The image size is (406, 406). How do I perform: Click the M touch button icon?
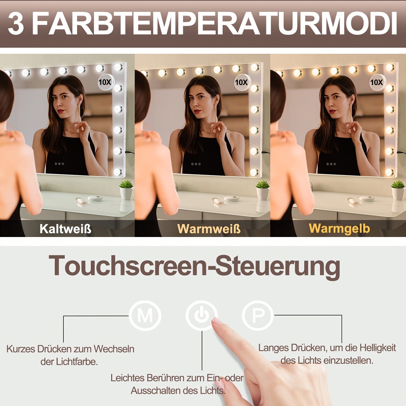coord(145,315)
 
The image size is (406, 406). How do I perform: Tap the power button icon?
coord(201,315)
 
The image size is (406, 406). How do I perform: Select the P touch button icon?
coord(258,315)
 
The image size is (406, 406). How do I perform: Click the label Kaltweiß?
coord(65,229)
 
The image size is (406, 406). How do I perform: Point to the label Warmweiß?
coord(209,229)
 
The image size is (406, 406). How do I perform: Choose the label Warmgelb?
coord(339,228)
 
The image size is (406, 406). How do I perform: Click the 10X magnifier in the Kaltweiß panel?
coord(106,82)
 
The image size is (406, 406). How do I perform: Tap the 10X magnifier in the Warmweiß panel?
coord(241,82)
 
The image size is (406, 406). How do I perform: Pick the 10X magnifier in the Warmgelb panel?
coord(377,82)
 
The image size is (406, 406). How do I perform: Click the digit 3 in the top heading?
coord(16,23)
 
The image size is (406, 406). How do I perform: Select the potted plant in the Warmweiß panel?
coord(263,190)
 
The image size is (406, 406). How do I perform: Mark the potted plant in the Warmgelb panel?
coord(398,190)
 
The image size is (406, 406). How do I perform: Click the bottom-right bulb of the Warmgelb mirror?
coord(389,172)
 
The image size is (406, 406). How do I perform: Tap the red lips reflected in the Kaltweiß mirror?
coord(61,111)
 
